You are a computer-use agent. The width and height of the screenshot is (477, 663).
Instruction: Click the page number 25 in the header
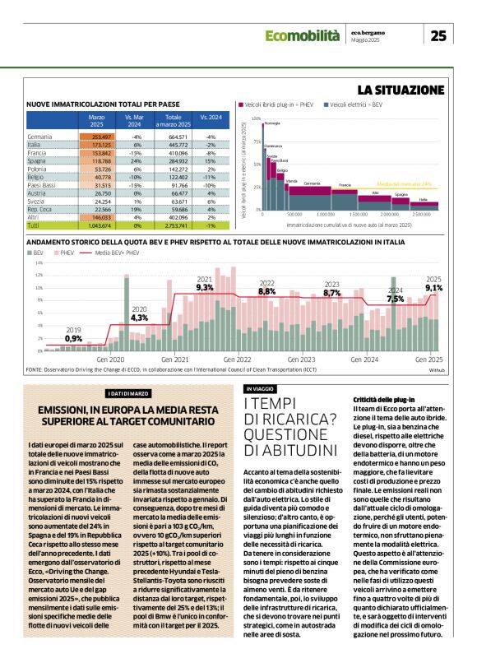439,35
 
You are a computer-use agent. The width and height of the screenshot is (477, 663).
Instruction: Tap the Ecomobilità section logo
302,35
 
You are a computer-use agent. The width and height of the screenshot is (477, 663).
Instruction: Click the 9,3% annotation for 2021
205,288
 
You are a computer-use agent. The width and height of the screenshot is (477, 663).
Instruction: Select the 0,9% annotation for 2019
73,338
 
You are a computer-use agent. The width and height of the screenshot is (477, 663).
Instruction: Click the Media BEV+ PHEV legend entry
109,253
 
